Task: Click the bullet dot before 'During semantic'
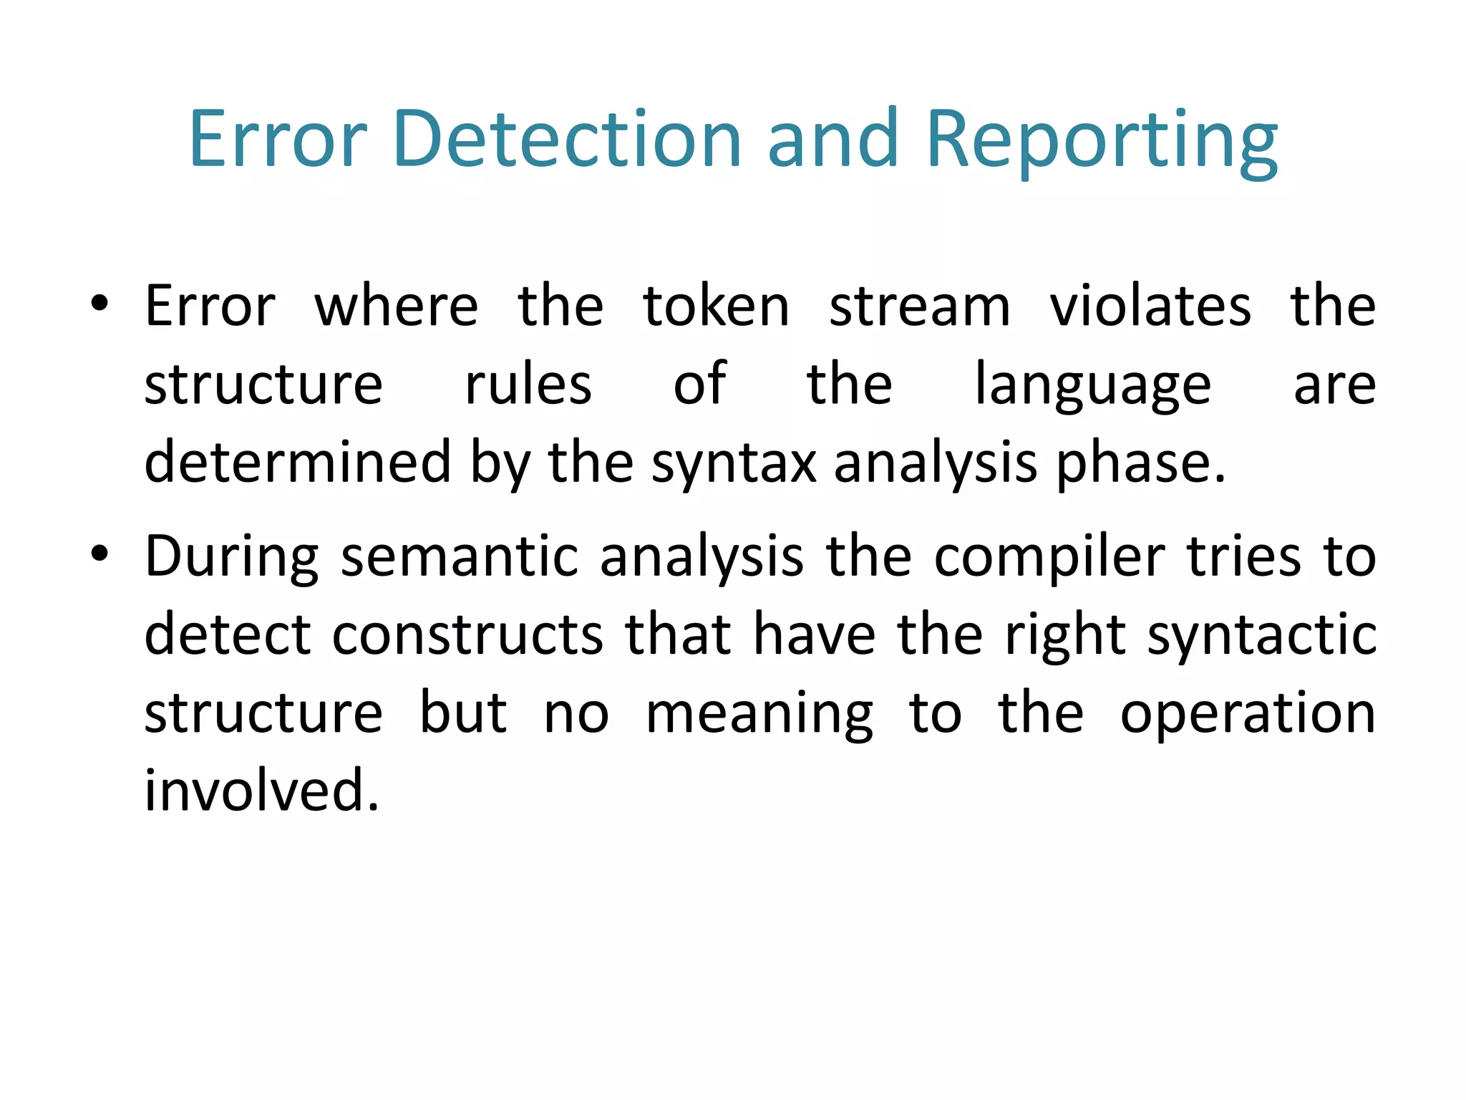[x=99, y=554]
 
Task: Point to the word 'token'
[x=716, y=307]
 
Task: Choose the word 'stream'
[x=920, y=307]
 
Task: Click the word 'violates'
[x=1150, y=307]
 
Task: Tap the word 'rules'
[x=528, y=385]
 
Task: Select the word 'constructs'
[x=468, y=635]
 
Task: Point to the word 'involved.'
[x=261, y=790]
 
